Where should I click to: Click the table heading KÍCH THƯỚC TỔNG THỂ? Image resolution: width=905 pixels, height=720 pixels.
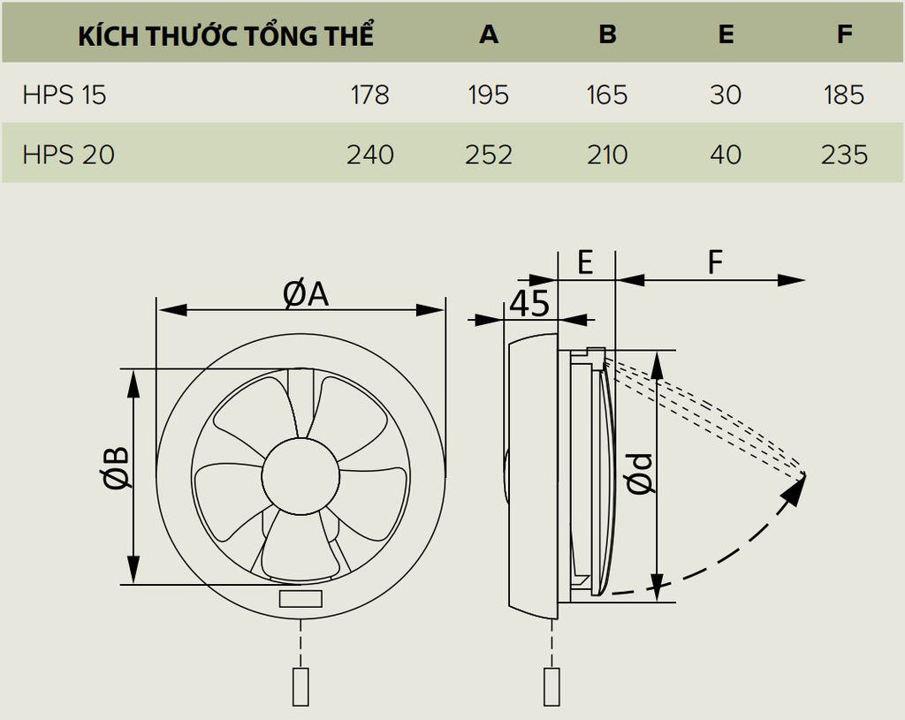click(x=225, y=35)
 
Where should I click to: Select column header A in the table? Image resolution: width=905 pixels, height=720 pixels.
click(x=488, y=34)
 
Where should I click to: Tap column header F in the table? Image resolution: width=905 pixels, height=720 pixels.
click(x=844, y=34)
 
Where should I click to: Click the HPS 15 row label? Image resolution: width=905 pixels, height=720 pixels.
click(x=64, y=95)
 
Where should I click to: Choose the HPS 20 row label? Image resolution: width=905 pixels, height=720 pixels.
click(x=68, y=155)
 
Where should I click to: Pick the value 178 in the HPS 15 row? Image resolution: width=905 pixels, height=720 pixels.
click(x=369, y=95)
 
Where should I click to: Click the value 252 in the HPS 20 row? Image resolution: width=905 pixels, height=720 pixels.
click(x=488, y=155)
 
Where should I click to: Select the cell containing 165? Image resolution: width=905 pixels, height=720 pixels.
click(x=607, y=95)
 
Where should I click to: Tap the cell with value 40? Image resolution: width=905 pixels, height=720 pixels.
click(x=726, y=155)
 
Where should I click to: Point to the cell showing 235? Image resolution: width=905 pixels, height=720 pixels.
click(x=844, y=155)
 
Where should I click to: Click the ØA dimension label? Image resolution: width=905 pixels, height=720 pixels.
click(x=306, y=294)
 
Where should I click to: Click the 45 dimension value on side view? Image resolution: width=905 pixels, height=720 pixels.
click(x=529, y=303)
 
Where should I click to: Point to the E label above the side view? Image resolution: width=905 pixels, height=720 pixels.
click(x=585, y=262)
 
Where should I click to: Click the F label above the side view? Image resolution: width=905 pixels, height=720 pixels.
click(x=715, y=262)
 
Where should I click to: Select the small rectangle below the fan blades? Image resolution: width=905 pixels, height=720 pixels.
click(x=300, y=600)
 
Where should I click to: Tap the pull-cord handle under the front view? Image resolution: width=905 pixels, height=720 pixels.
click(x=300, y=686)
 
